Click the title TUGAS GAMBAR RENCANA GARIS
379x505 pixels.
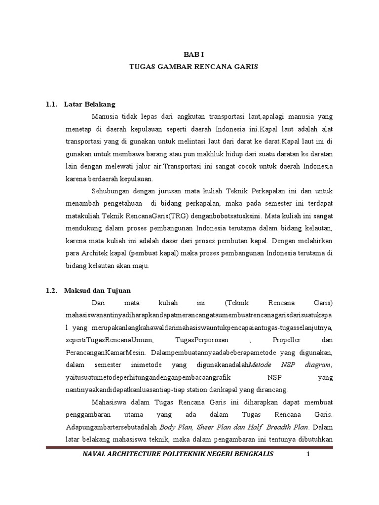[189, 66]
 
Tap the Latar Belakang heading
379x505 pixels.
[89, 105]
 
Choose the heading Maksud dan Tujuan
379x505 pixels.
[97, 290]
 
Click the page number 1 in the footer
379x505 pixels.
[308, 454]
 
